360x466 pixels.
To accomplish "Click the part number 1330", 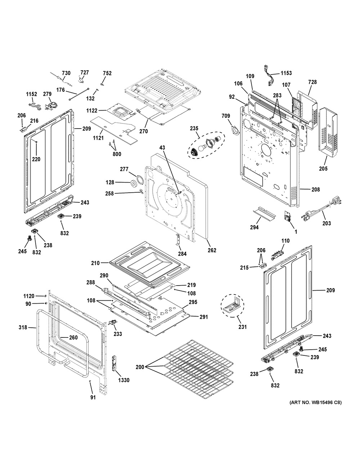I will [x=123, y=380].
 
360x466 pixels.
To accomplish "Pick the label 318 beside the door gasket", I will [x=23, y=328].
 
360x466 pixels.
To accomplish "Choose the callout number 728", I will [x=312, y=82].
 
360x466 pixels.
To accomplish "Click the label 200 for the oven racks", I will [x=139, y=367].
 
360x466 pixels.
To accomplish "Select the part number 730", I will [x=66, y=73].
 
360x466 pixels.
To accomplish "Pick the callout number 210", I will [x=95, y=263].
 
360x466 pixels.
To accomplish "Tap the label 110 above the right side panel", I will [x=285, y=241].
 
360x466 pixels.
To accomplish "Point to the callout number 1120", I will [x=29, y=296].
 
